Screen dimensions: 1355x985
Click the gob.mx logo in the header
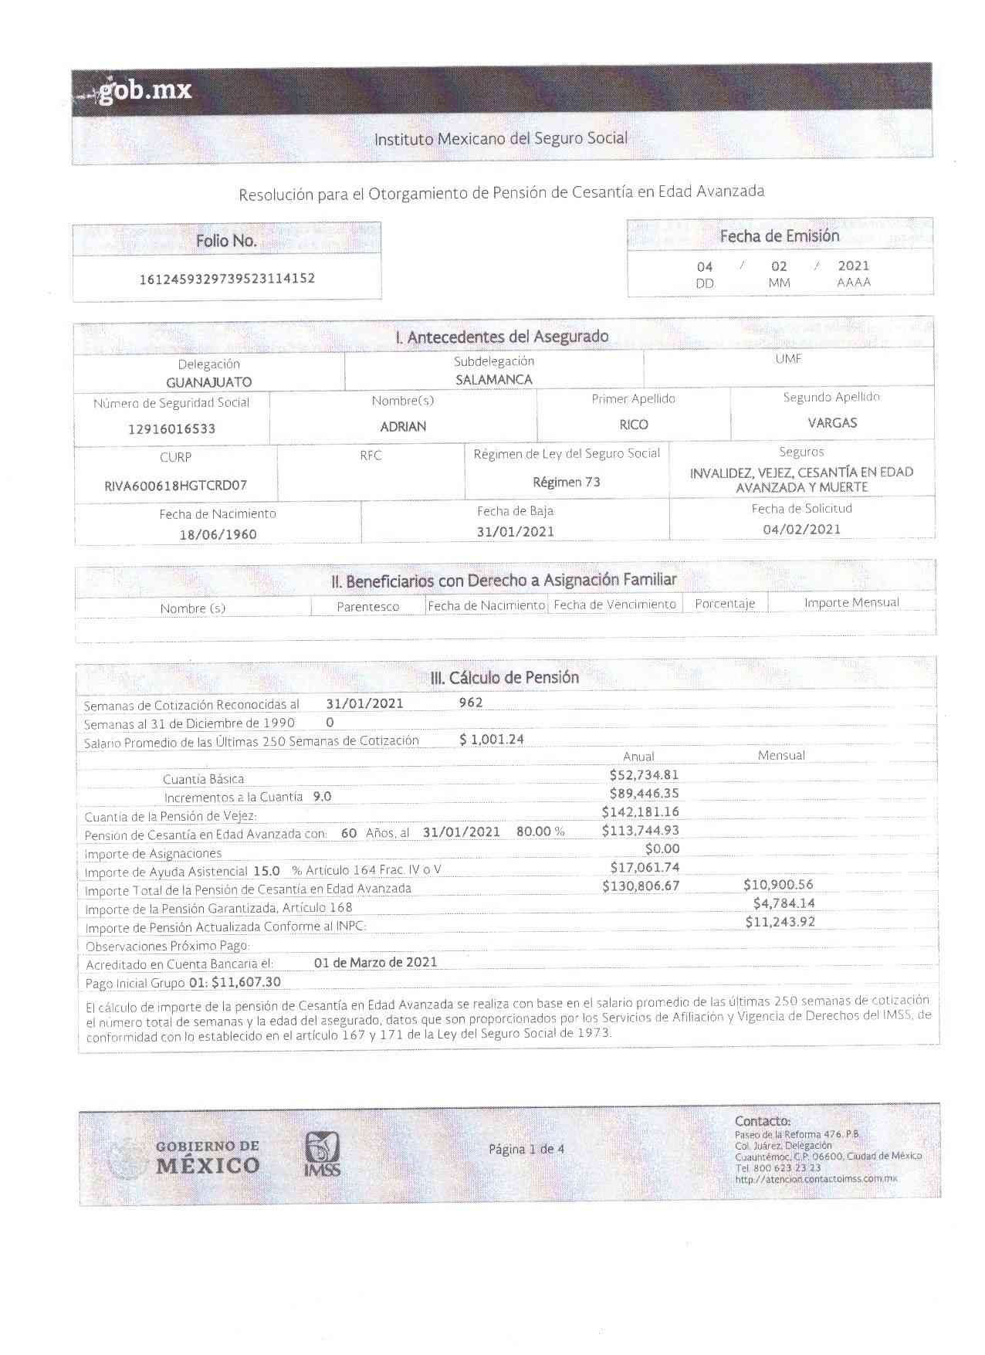tap(144, 91)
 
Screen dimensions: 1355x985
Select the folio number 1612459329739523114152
tap(227, 279)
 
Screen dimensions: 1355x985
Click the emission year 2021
tap(853, 266)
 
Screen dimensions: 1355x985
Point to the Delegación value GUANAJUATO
tap(208, 382)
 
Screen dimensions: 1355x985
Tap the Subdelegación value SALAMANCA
tap(493, 380)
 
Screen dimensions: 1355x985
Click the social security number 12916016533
tap(171, 429)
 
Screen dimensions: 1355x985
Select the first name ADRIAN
tap(403, 426)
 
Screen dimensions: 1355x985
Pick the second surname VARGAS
tap(832, 423)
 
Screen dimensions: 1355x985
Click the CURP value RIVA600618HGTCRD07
tap(175, 486)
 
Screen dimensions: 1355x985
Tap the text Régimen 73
tap(567, 483)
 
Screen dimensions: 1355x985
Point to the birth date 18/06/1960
tap(218, 534)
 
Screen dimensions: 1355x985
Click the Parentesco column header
tap(367, 607)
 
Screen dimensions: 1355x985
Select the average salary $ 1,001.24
tap(492, 740)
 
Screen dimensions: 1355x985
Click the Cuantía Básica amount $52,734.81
tap(644, 775)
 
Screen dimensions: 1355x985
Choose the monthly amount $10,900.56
tap(778, 885)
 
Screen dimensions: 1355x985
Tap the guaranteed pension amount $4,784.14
tap(784, 903)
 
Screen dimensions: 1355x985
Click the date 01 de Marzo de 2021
tap(375, 962)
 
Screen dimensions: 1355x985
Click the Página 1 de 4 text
tap(526, 1149)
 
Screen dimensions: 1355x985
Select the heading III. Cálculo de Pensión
tap(504, 678)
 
